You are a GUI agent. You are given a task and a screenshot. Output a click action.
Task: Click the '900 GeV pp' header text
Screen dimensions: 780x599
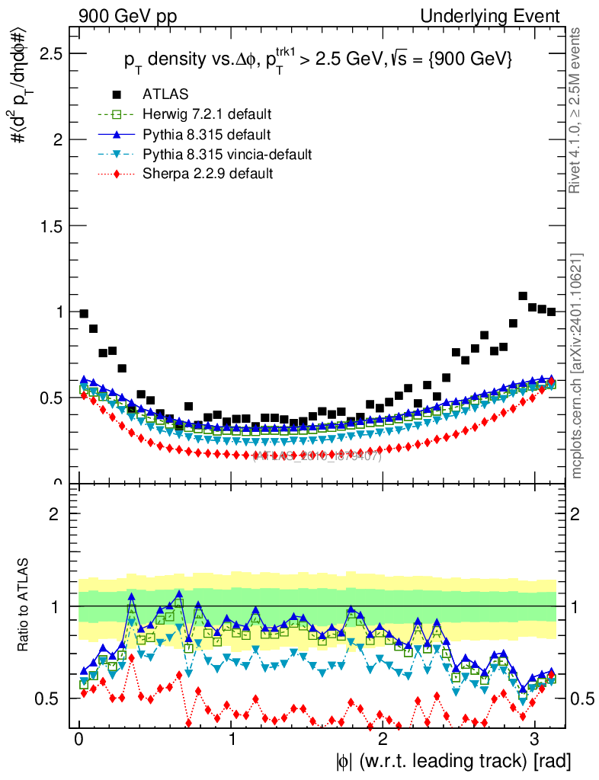coord(126,16)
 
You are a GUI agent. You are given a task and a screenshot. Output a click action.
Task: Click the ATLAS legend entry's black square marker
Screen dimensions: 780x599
coord(117,94)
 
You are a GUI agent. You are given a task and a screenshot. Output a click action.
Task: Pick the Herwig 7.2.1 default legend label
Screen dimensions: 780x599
coord(207,114)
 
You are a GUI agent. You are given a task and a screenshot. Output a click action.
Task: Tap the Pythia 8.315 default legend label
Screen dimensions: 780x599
coord(207,135)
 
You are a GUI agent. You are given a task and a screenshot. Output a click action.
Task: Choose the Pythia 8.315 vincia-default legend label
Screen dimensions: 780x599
coord(227,155)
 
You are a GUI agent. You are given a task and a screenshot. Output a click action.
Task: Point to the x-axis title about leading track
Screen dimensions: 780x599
coord(453,760)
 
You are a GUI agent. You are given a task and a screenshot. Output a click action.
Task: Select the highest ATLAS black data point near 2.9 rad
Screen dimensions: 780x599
coord(523,296)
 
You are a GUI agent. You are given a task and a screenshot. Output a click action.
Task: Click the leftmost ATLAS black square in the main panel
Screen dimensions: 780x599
coord(84,313)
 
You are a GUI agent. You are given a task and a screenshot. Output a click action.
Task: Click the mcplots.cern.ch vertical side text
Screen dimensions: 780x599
coord(577,366)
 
